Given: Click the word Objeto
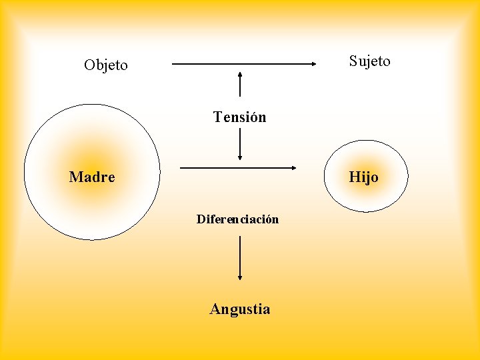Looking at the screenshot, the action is [106, 65].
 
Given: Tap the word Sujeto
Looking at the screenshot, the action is [370, 61].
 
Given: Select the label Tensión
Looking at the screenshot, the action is [239, 117].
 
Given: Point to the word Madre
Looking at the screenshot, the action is [92, 177].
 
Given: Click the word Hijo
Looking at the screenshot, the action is [363, 177].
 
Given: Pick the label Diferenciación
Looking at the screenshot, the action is [237, 219].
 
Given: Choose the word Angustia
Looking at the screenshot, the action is [240, 309].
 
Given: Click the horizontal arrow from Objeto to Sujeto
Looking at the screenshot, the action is [243, 64].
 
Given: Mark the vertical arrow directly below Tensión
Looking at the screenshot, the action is [240, 144].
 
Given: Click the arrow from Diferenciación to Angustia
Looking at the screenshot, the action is [240, 257].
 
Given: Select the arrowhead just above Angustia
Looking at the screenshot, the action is [240, 277].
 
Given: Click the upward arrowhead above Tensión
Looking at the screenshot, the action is [240, 73].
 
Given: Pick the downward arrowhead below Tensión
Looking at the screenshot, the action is [240, 158].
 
